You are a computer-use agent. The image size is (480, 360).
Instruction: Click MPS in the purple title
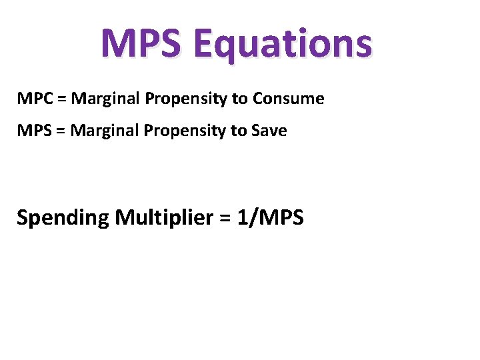[140, 43]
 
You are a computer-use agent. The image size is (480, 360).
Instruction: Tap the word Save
[269, 131]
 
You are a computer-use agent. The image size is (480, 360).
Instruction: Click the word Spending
[62, 218]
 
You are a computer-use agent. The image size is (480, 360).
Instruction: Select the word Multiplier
[166, 217]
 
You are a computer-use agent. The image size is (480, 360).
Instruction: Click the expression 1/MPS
[271, 217]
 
